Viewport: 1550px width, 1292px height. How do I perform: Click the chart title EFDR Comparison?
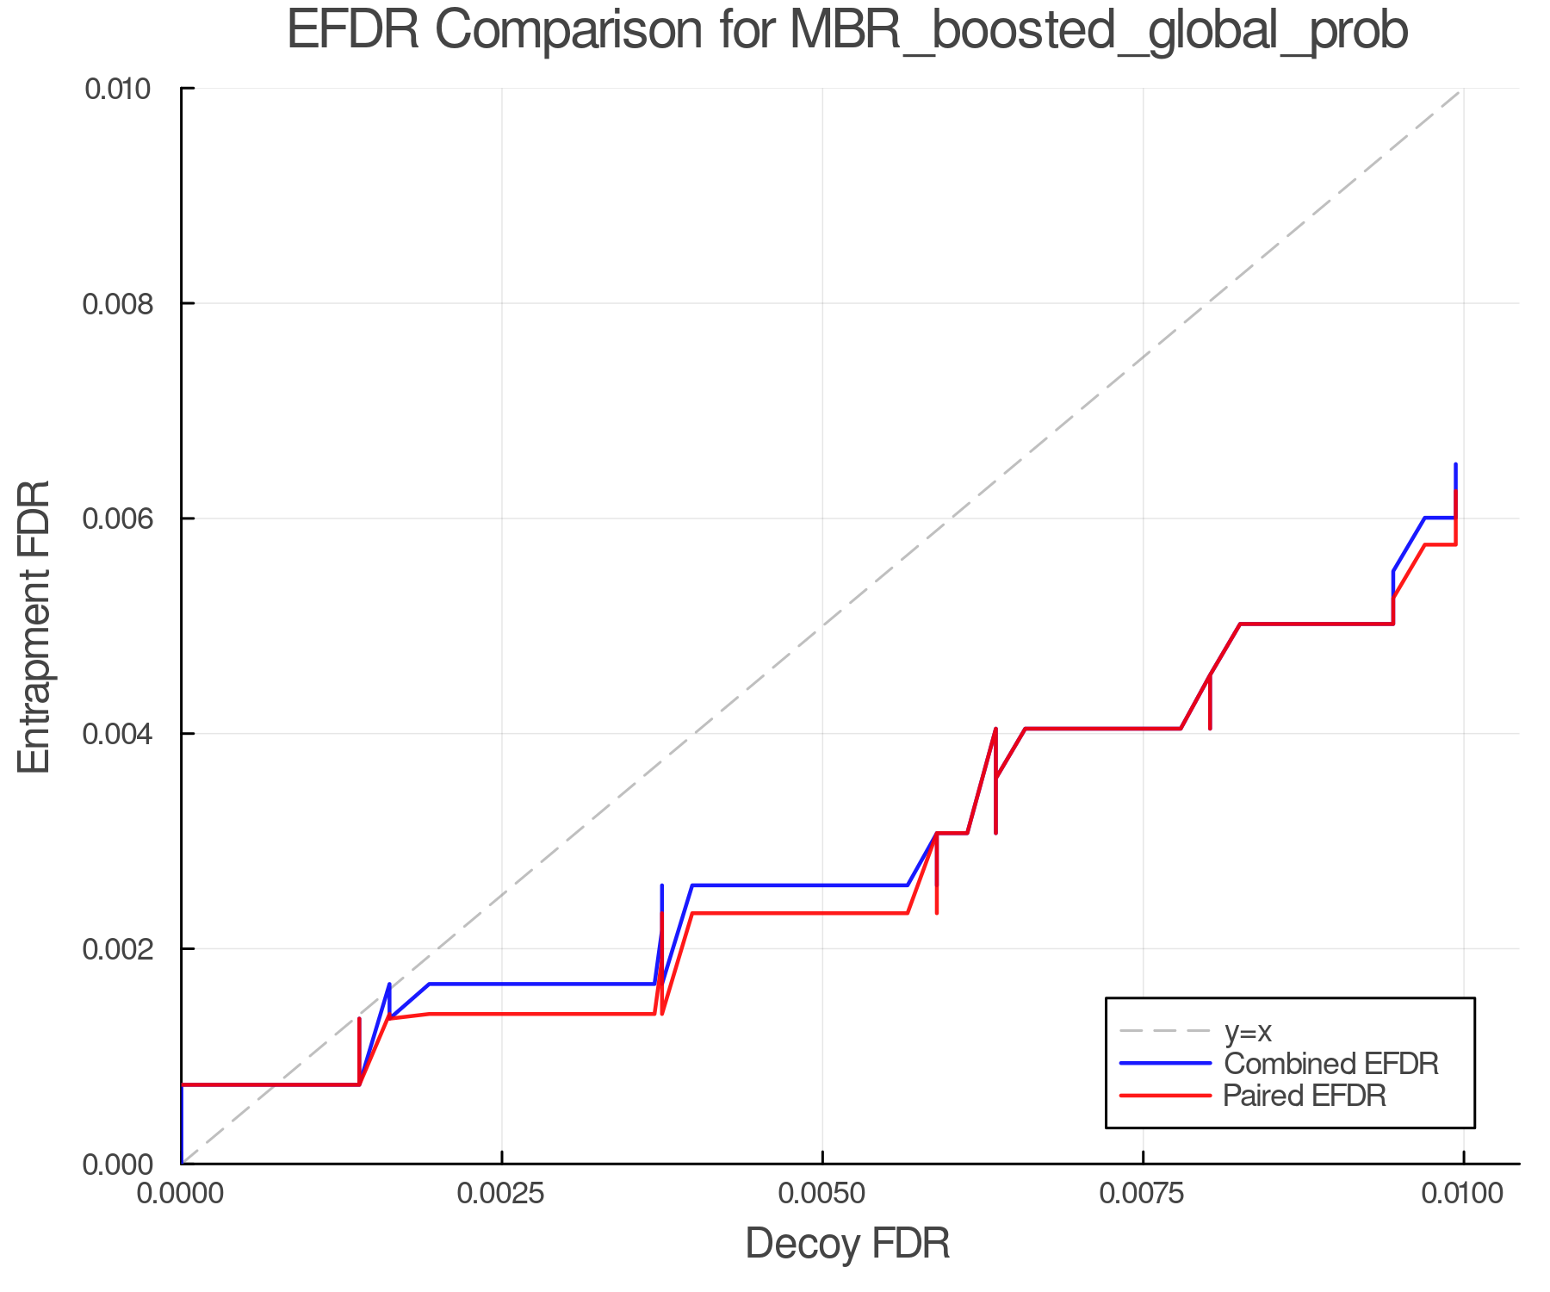(847, 31)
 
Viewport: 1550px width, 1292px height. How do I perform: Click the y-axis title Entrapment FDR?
(34, 627)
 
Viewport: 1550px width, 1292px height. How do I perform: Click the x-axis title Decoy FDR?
(847, 1244)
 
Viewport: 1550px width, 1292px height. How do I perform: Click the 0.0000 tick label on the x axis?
(182, 1194)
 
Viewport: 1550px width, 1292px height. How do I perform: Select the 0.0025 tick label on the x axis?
(502, 1194)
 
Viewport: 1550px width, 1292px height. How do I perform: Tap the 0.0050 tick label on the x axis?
(822, 1194)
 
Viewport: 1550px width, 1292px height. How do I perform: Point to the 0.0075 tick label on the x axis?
(1143, 1194)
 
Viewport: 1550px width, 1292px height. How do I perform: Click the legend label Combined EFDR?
(1331, 1064)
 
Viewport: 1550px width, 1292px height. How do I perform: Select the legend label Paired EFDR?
(1305, 1096)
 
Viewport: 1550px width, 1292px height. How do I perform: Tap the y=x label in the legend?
(1248, 1031)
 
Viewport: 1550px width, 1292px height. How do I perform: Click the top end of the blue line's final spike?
(1455, 465)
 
